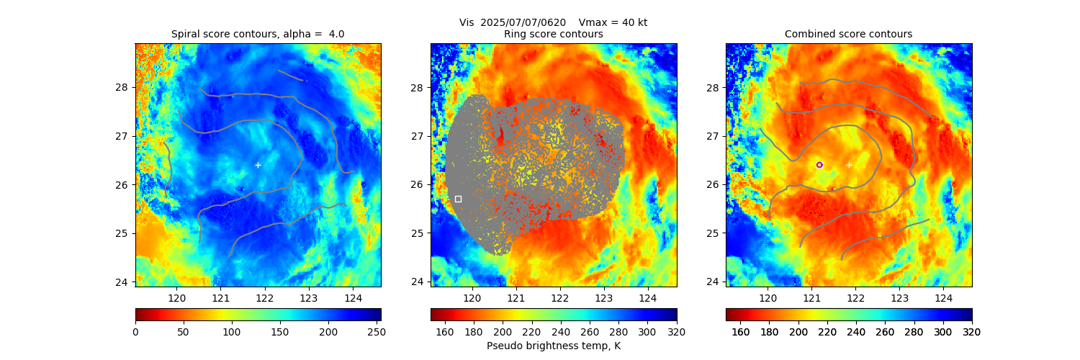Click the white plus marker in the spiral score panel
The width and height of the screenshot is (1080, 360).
tap(258, 165)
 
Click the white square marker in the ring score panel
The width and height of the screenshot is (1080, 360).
tap(458, 199)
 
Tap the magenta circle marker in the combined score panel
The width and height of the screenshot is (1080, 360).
tap(819, 165)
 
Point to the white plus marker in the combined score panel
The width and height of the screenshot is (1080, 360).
tap(849, 165)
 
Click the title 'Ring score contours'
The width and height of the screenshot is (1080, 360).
tap(553, 34)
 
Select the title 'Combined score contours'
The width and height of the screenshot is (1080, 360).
tap(848, 34)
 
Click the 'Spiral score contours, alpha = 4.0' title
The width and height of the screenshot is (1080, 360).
tap(258, 34)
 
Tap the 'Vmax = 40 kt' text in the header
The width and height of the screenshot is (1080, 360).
tap(613, 22)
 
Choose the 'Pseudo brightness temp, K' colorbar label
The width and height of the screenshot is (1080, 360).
tap(553, 346)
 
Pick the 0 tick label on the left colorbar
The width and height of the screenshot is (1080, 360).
tap(135, 331)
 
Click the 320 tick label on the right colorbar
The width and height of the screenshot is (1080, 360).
tap(972, 331)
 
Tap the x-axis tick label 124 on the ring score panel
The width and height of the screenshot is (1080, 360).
tap(648, 297)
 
